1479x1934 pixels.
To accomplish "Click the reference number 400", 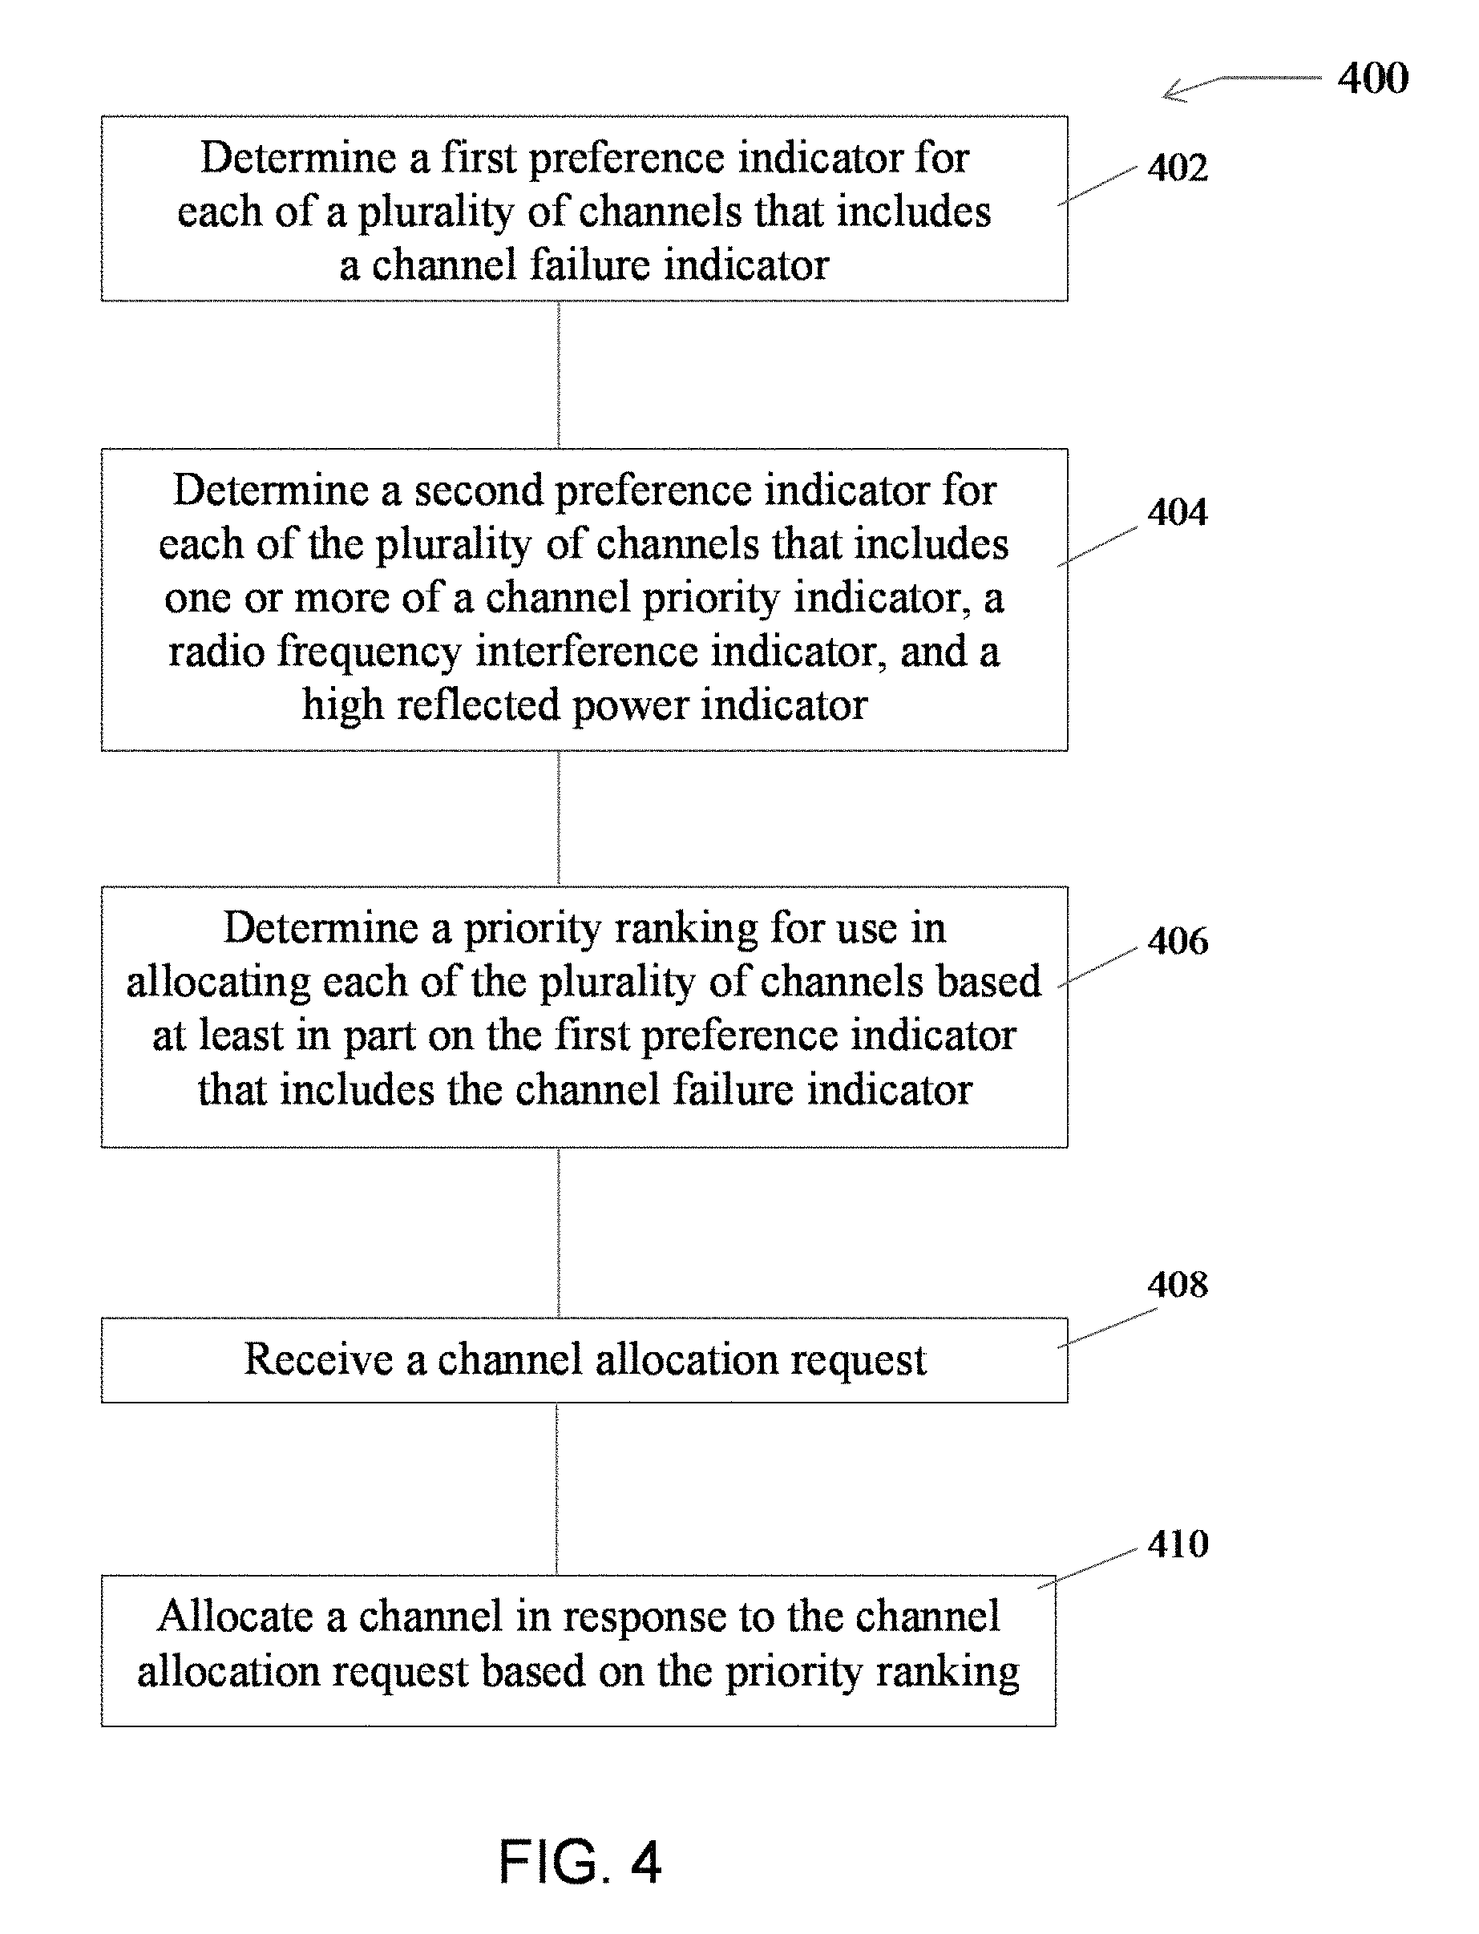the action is [x=1372, y=79].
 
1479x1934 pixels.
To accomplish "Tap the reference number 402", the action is [x=1177, y=168].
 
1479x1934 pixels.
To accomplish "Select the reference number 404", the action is [x=1177, y=511].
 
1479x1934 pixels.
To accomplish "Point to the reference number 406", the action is [x=1177, y=941].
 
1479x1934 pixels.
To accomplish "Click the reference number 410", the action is [x=1177, y=1543].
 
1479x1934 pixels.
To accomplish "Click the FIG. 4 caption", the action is [x=580, y=1863].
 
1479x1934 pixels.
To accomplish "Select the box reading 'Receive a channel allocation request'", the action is [x=584, y=1360].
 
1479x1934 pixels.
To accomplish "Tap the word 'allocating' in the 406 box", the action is [x=218, y=983].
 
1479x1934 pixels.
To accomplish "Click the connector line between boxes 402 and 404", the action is [x=559, y=375].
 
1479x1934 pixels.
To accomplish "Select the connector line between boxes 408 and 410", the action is [x=557, y=1489].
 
